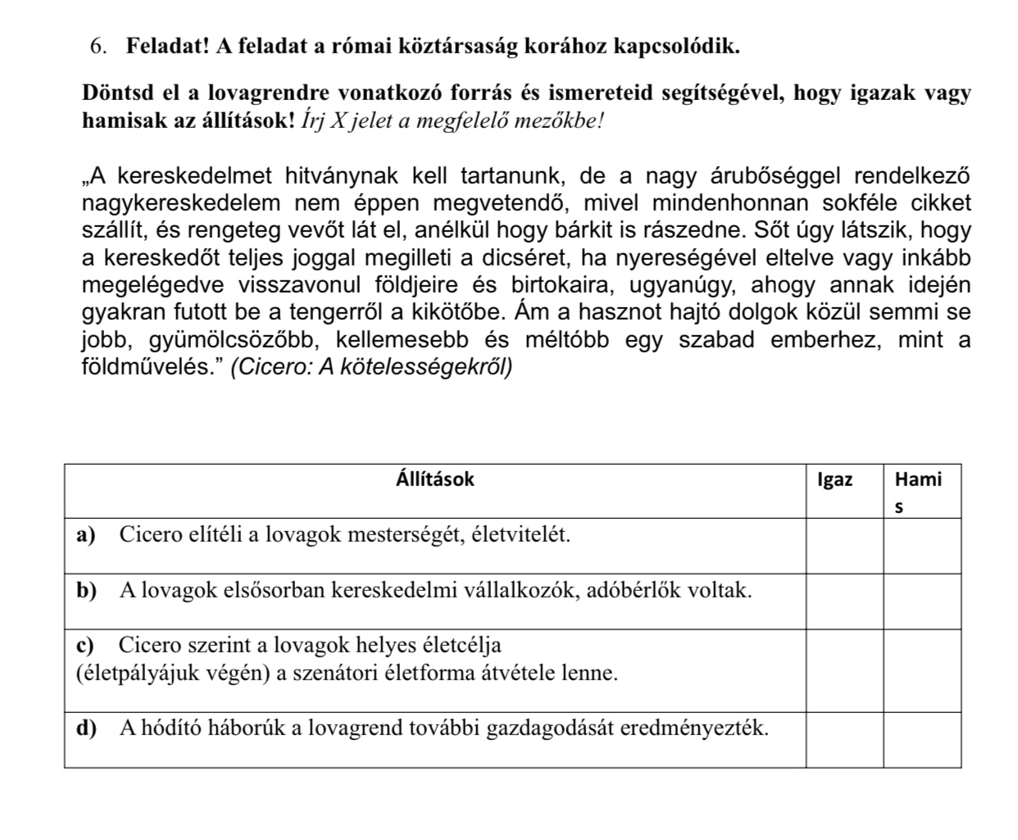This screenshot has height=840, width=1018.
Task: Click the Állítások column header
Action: tap(434, 479)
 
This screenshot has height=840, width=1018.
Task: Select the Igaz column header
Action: tap(834, 480)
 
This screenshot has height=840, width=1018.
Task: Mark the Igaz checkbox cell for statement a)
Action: tap(843, 546)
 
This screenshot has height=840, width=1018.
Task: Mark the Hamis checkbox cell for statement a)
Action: tap(921, 546)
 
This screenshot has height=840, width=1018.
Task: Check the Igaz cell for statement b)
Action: tap(843, 602)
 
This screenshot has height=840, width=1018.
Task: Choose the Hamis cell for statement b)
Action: tap(921, 602)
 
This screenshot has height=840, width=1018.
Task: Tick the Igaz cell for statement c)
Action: tap(843, 671)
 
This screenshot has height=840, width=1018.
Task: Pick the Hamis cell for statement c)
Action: tap(921, 671)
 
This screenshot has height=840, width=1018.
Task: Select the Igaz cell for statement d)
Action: tap(843, 740)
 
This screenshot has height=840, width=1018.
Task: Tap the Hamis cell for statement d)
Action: tap(921, 740)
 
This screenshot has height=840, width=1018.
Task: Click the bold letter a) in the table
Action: tap(85, 535)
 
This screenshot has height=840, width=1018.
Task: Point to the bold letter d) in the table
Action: tap(85, 728)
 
